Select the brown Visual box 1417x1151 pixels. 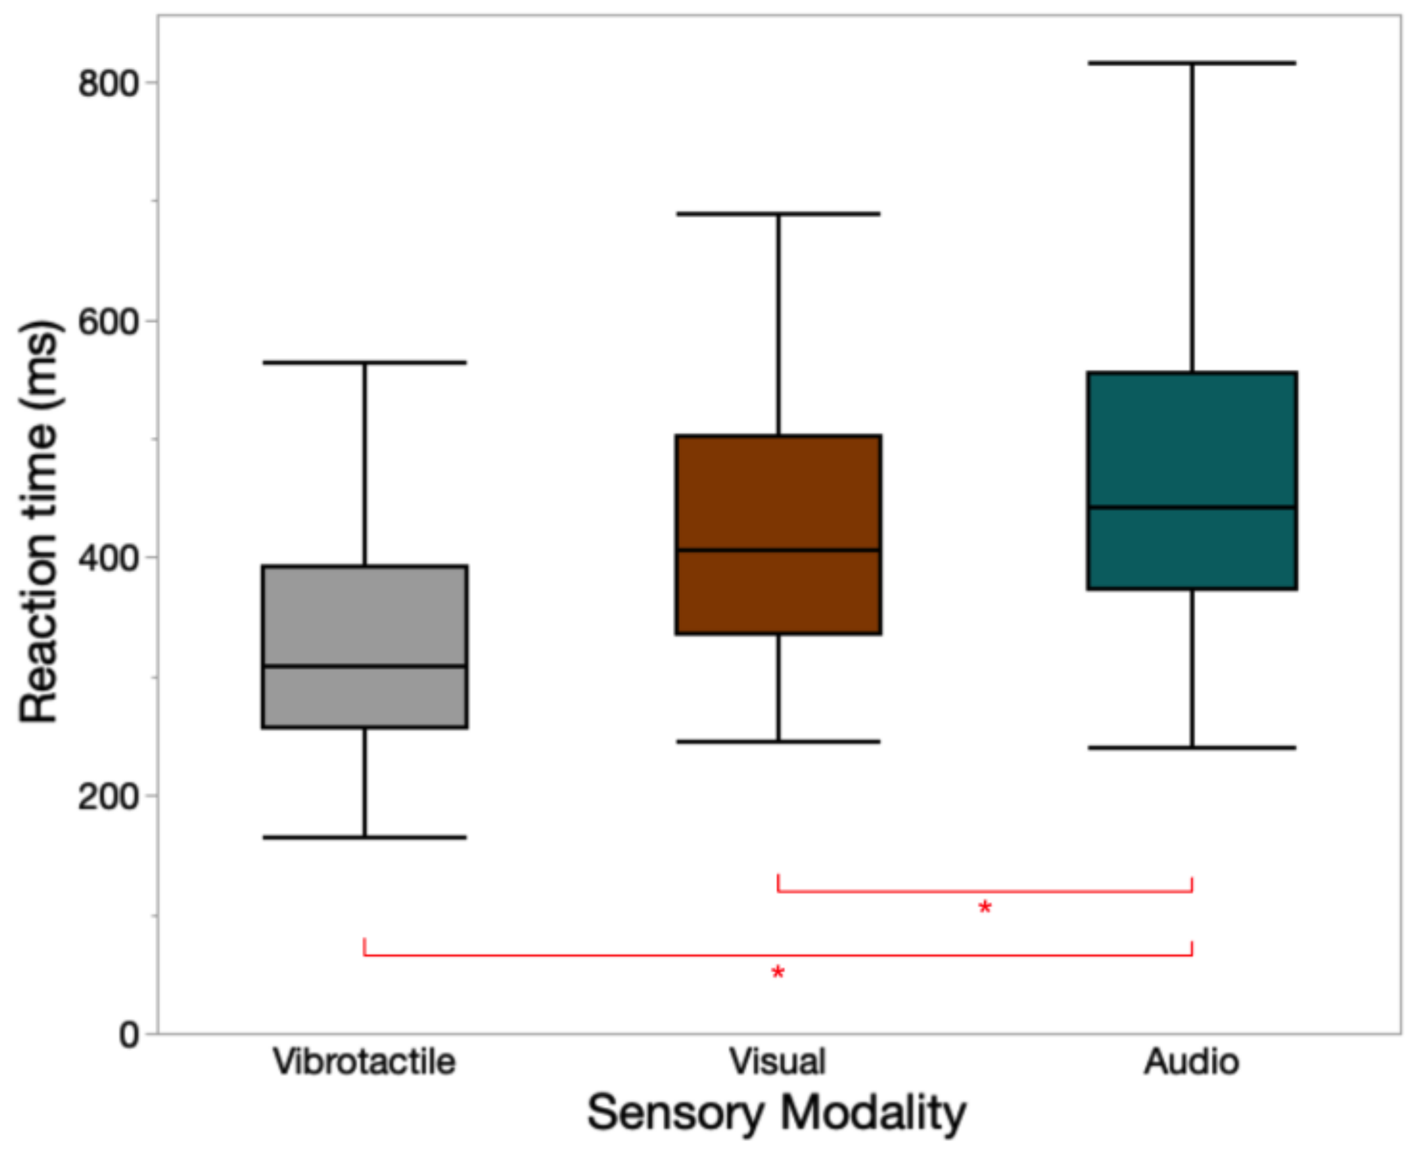pyautogui.click(x=778, y=491)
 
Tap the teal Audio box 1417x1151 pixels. pyautogui.click(x=1192, y=437)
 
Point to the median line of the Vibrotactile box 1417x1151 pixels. pyautogui.click(x=364, y=666)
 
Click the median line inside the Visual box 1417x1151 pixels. pyautogui.click(x=778, y=550)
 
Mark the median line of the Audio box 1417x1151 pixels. pyautogui.click(x=1192, y=508)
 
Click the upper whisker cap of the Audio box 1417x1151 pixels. pyautogui.click(x=1192, y=63)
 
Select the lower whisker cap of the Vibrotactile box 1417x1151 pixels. pyautogui.click(x=364, y=838)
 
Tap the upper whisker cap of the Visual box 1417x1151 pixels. pyautogui.click(x=778, y=213)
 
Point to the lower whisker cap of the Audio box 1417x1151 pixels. pyautogui.click(x=1192, y=748)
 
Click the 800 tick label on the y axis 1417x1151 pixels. pyautogui.click(x=107, y=84)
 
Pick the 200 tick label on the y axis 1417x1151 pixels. pyautogui.click(x=107, y=797)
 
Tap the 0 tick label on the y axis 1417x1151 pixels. pyautogui.click(x=128, y=1034)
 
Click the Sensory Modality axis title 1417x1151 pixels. pyautogui.click(x=777, y=1113)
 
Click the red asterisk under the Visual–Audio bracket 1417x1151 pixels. pyautogui.click(x=985, y=907)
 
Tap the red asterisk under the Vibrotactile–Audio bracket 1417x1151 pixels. pyautogui.click(x=778, y=972)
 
